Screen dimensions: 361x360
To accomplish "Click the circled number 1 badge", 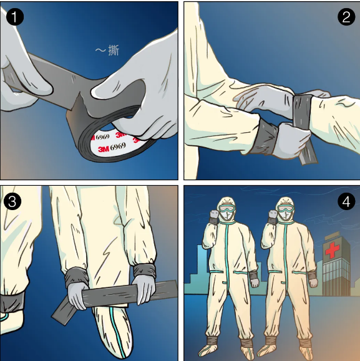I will point(14,17).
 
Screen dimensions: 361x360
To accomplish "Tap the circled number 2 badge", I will point(346,17).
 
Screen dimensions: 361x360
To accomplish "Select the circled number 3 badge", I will point(14,201).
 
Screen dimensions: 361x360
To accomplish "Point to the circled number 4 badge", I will point(346,201).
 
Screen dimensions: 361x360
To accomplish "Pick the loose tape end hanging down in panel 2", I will point(306,153).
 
